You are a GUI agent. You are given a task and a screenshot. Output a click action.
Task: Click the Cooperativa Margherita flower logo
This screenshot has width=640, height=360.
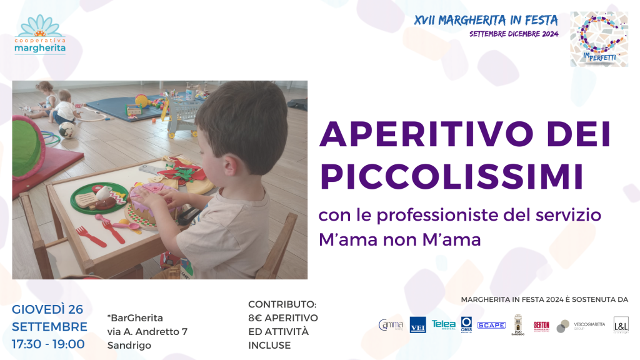coord(40,35)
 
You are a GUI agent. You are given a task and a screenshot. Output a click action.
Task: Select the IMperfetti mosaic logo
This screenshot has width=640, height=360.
coord(599,39)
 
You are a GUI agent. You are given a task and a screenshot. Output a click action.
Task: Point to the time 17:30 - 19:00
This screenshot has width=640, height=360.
coord(48,343)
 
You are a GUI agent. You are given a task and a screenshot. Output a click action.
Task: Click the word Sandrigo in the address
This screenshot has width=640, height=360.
coord(129,345)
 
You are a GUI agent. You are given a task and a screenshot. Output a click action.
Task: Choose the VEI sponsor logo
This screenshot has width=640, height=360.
coord(417,325)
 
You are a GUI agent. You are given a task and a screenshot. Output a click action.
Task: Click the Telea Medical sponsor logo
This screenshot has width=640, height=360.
coord(444,324)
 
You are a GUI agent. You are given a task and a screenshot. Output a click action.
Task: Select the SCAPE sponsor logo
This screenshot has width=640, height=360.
coord(491,325)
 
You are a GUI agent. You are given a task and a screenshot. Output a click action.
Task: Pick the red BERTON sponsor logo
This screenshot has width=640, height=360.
coord(541,325)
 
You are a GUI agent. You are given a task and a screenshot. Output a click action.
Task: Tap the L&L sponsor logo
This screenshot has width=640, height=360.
coord(621,324)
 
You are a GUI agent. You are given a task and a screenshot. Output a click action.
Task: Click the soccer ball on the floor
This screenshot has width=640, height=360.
coord(67,129)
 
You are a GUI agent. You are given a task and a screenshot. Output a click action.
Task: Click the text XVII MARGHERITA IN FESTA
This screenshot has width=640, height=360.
coord(486,20)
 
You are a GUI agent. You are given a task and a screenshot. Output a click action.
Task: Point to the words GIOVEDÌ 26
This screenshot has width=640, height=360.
coord(48,309)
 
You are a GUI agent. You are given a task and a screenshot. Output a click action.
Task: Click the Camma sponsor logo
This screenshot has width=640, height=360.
coord(391,325)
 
